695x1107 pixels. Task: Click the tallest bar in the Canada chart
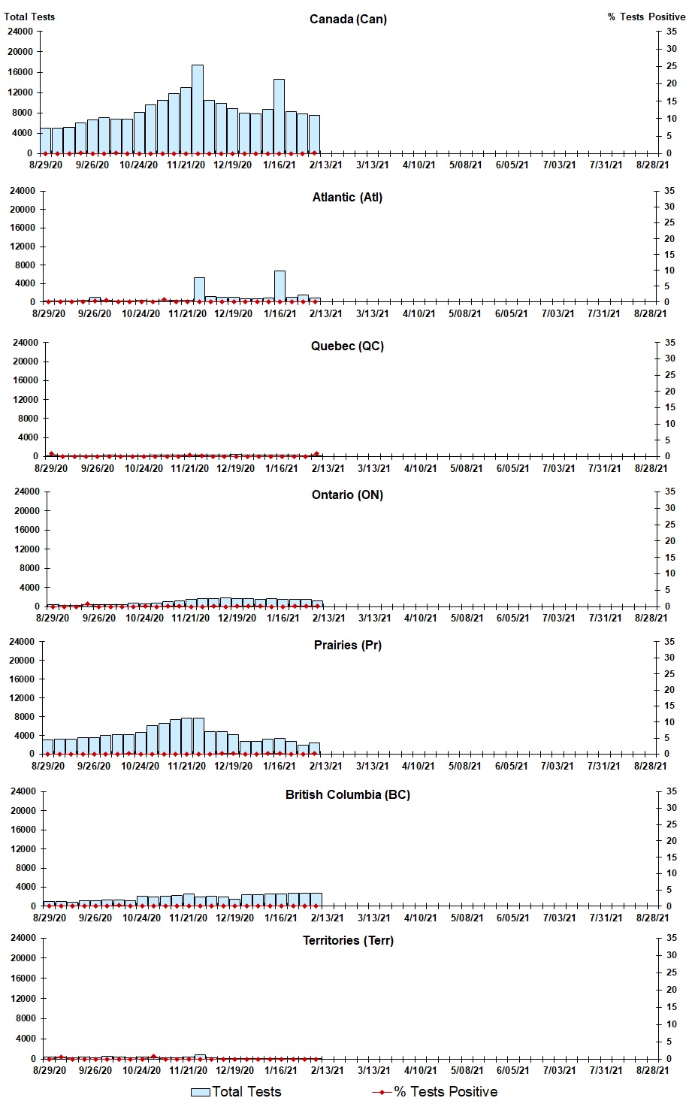coord(197,109)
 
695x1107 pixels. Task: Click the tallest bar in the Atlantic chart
coord(280,286)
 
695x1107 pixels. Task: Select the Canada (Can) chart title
coord(348,19)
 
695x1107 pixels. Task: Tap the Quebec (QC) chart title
coord(347,346)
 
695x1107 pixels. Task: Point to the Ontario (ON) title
coord(347,495)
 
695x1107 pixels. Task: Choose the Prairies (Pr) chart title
coord(347,646)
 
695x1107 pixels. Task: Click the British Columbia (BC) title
coord(347,795)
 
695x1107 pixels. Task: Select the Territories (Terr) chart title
coord(348,941)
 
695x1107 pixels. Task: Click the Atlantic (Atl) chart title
coord(347,198)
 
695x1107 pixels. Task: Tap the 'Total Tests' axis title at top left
coord(29,17)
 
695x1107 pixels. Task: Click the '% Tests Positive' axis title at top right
coord(646,17)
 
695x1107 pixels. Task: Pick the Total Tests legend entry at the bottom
coord(236,1092)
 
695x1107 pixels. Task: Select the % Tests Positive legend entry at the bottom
coord(435,1092)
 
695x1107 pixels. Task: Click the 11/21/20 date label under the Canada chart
coord(186,165)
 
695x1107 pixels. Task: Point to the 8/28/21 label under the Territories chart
coord(652,1071)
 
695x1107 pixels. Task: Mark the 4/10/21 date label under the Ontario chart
coord(420,619)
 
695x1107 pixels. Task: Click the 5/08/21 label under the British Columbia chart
coord(467,918)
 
